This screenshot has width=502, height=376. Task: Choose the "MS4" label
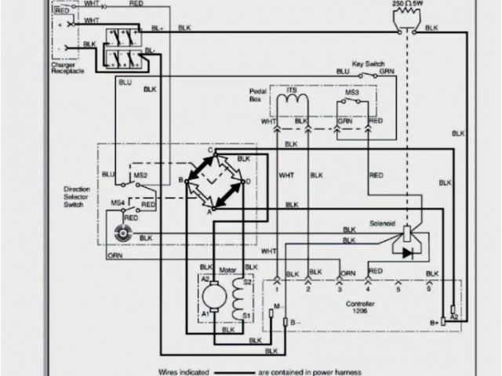click(x=115, y=204)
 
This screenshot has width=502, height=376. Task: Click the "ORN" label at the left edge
click(x=115, y=255)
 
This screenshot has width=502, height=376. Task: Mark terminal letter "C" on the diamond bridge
click(x=210, y=149)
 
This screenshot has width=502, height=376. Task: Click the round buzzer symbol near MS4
click(x=122, y=232)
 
